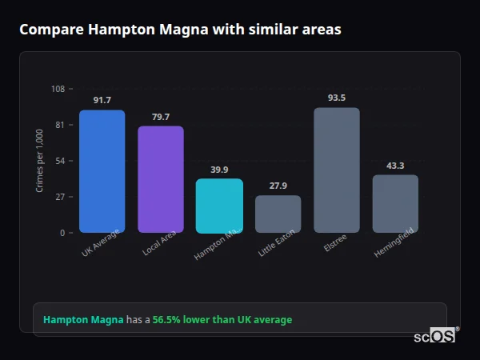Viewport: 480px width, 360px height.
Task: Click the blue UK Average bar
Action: (x=102, y=171)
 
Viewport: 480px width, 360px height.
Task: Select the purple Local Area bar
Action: (x=160, y=179)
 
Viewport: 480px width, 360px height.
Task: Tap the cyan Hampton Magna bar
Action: (x=219, y=206)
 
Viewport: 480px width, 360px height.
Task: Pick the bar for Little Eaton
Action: (x=278, y=214)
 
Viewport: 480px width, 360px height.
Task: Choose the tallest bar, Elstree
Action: (x=336, y=170)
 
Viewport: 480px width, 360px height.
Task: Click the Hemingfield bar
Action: (x=395, y=203)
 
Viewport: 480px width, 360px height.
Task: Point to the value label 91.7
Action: (x=102, y=100)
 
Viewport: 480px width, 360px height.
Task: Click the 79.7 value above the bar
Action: (x=160, y=117)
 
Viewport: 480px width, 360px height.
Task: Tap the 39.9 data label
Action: (x=219, y=170)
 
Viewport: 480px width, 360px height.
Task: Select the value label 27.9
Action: (x=278, y=186)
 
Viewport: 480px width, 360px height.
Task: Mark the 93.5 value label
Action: (x=336, y=98)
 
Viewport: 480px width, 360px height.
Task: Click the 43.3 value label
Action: (x=395, y=166)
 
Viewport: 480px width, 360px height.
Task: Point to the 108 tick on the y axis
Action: (x=58, y=89)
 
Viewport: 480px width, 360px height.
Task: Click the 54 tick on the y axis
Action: (x=59, y=161)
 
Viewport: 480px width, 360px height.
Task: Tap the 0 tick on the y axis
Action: (x=62, y=233)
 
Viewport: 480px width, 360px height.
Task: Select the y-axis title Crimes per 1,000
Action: (x=40, y=160)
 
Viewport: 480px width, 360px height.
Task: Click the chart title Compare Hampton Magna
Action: (x=180, y=30)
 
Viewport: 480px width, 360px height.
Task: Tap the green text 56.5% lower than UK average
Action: (x=222, y=320)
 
